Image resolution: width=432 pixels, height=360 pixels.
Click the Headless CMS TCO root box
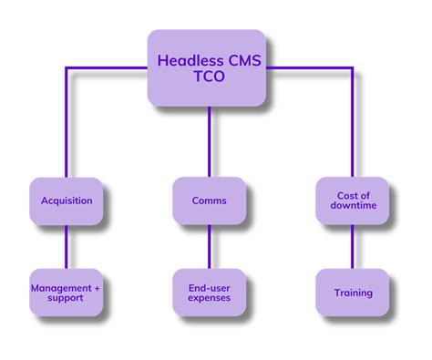208,68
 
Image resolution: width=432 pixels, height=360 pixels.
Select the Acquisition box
67,201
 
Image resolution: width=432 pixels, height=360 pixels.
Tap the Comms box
209,201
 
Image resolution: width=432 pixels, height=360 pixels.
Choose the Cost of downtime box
353,201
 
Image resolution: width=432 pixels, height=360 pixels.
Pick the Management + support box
67,292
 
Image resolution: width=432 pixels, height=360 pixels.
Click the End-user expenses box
209,292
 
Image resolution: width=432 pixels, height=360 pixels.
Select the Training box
353,292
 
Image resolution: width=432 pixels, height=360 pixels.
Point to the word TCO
208,79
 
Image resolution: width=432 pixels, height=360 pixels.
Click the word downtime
353,207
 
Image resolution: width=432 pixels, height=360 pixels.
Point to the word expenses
209,298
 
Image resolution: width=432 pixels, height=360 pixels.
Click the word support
67,298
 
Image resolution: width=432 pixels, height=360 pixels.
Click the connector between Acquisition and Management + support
67,246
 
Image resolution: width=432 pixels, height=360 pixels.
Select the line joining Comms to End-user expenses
209,246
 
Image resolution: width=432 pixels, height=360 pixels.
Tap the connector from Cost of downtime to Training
353,246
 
